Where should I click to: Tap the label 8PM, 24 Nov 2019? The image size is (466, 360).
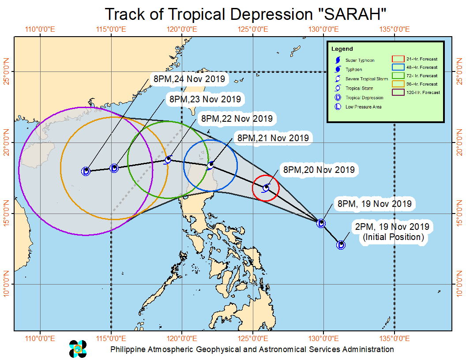[189, 79]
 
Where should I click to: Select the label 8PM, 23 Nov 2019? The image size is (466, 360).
[205, 99]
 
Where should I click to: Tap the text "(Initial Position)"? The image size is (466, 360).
[393, 237]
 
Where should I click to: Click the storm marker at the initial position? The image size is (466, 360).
[341, 245]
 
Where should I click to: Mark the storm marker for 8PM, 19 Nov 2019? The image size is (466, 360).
[321, 224]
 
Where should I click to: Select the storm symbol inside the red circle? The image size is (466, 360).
[266, 188]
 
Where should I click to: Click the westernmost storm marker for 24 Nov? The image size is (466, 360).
[86, 171]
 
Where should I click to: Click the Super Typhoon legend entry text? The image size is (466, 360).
[360, 60]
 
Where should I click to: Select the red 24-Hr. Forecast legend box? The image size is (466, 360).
[398, 59]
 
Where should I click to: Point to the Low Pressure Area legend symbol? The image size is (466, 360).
[338, 107]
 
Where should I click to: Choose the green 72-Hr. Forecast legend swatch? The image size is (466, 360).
[398, 75]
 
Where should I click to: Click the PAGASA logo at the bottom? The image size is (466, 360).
[78, 349]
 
